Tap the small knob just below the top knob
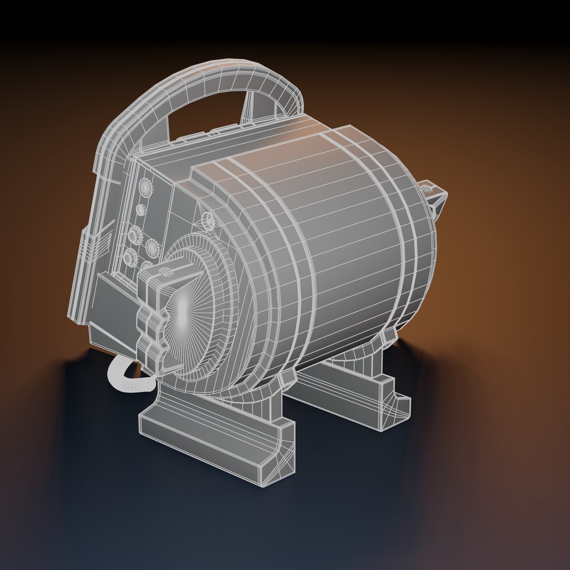(140, 210)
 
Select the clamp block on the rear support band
(389, 336)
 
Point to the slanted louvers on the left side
(98, 248)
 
